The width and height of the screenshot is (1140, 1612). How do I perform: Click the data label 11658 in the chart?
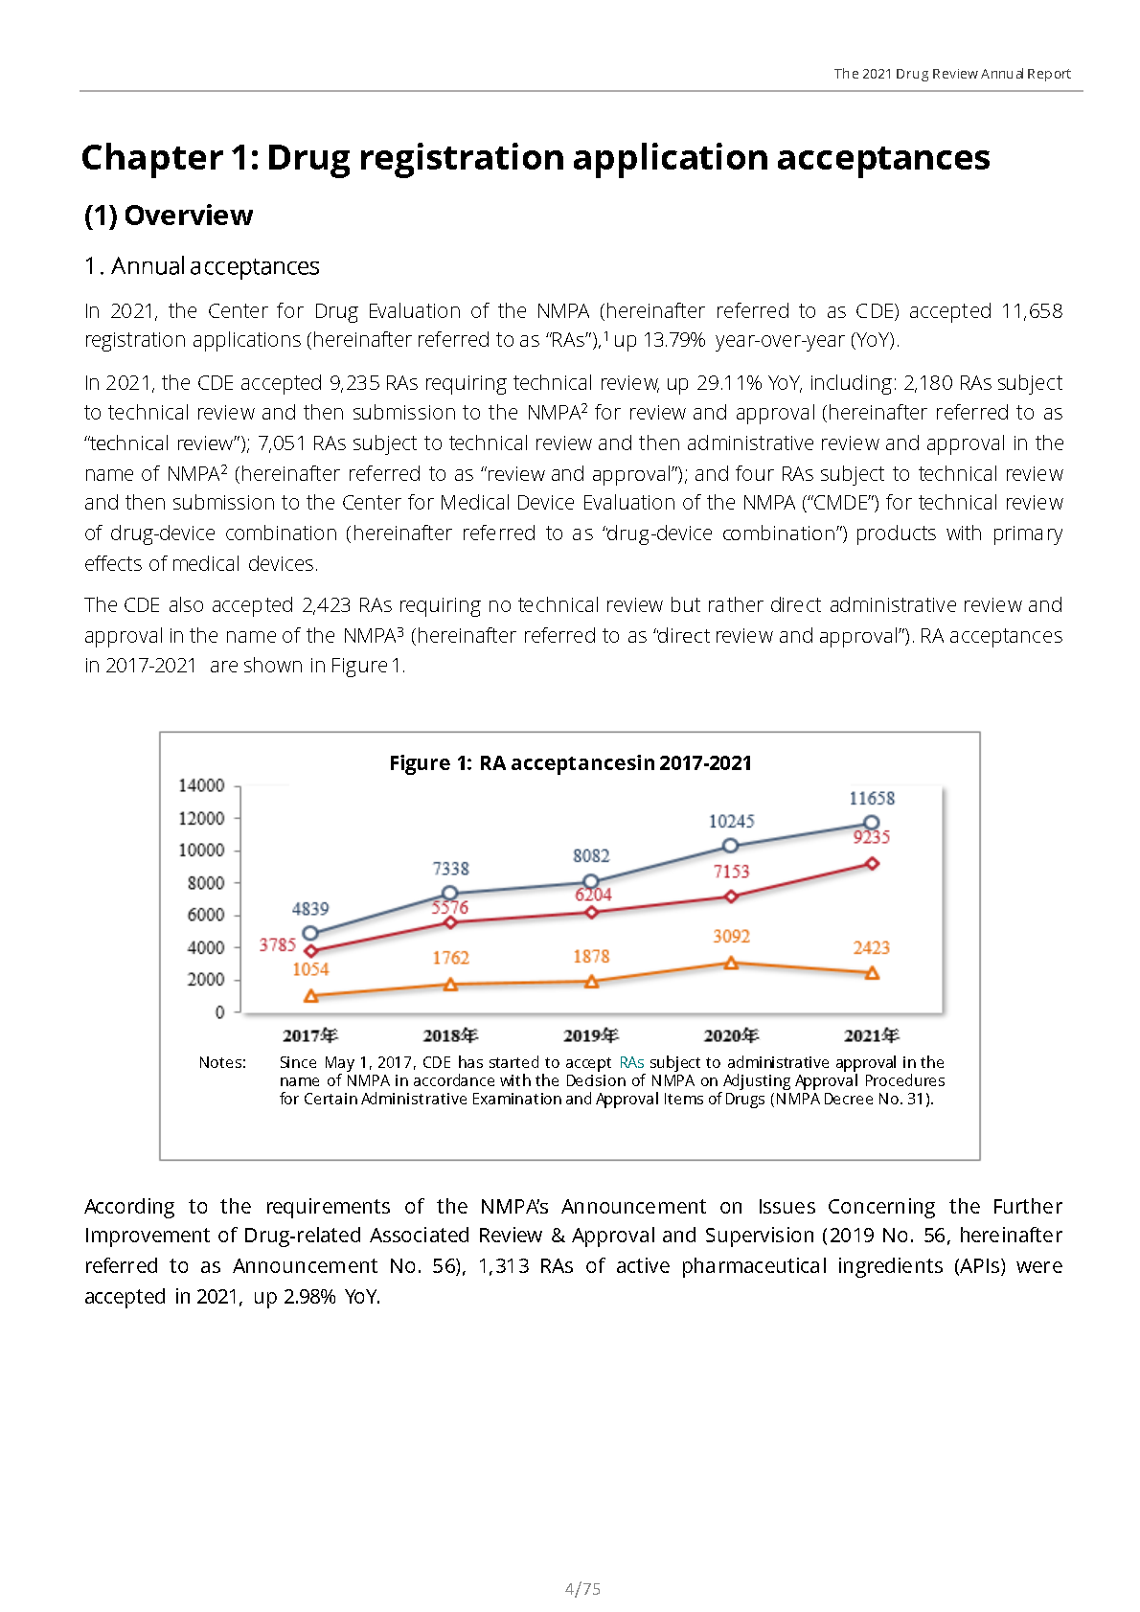point(872,798)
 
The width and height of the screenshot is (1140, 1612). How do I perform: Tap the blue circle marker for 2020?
point(730,846)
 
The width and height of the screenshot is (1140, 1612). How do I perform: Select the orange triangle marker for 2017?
point(310,996)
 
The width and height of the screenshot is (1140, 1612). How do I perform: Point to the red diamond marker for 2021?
point(872,863)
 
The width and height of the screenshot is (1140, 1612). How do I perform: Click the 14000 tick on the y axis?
point(201,785)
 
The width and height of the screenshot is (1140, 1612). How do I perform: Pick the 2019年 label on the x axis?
point(591,1035)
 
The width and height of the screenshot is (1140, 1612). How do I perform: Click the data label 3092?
point(731,936)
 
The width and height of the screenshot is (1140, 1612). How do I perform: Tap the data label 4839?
point(310,908)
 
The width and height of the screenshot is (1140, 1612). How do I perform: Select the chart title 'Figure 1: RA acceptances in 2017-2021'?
point(570,763)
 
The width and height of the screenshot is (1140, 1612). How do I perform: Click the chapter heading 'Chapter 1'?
point(536,157)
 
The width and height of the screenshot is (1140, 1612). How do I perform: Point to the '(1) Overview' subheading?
point(169,216)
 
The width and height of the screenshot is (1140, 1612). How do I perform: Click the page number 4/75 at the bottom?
point(582,1589)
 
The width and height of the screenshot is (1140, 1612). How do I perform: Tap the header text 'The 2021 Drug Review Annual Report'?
point(951,74)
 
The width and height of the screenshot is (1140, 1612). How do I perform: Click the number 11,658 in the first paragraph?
point(1032,310)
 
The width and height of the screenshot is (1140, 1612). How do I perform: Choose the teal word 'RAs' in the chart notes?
point(631,1062)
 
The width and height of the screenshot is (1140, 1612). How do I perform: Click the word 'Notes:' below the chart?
point(222,1062)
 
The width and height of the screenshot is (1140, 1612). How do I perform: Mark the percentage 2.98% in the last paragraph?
point(309,1297)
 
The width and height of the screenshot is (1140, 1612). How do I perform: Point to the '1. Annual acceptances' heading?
point(202,266)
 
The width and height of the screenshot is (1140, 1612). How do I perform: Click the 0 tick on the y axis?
point(220,1011)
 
